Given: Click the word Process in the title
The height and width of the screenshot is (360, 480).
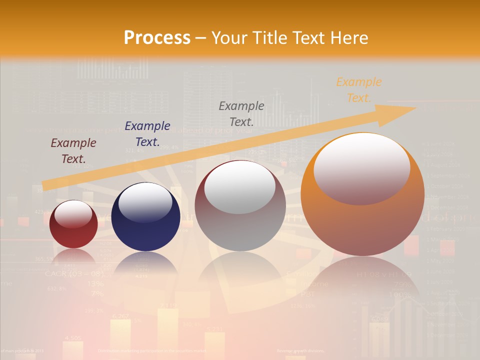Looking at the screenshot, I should [157, 37].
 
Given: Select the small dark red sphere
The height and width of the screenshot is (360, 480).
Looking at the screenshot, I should [73, 224].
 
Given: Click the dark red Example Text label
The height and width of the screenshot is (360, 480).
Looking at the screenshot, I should [73, 151].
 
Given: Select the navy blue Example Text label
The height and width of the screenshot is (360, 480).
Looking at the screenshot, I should [147, 133].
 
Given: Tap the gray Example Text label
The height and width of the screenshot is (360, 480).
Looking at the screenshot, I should [241, 113].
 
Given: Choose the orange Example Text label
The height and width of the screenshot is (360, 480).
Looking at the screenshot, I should [358, 90].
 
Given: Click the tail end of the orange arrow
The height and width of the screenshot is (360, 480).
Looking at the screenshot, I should [46, 185].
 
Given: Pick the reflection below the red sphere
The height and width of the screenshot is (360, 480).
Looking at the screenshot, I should [73, 256].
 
